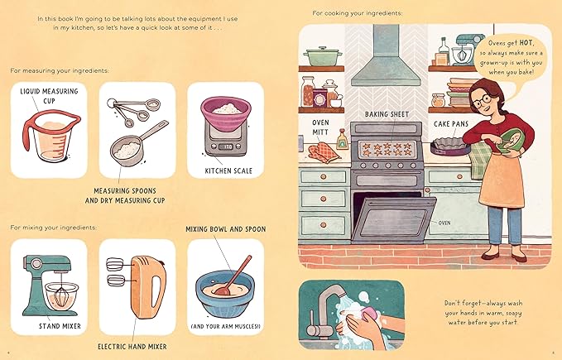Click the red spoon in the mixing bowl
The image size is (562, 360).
(230, 276)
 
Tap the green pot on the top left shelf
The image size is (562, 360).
(319, 56)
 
